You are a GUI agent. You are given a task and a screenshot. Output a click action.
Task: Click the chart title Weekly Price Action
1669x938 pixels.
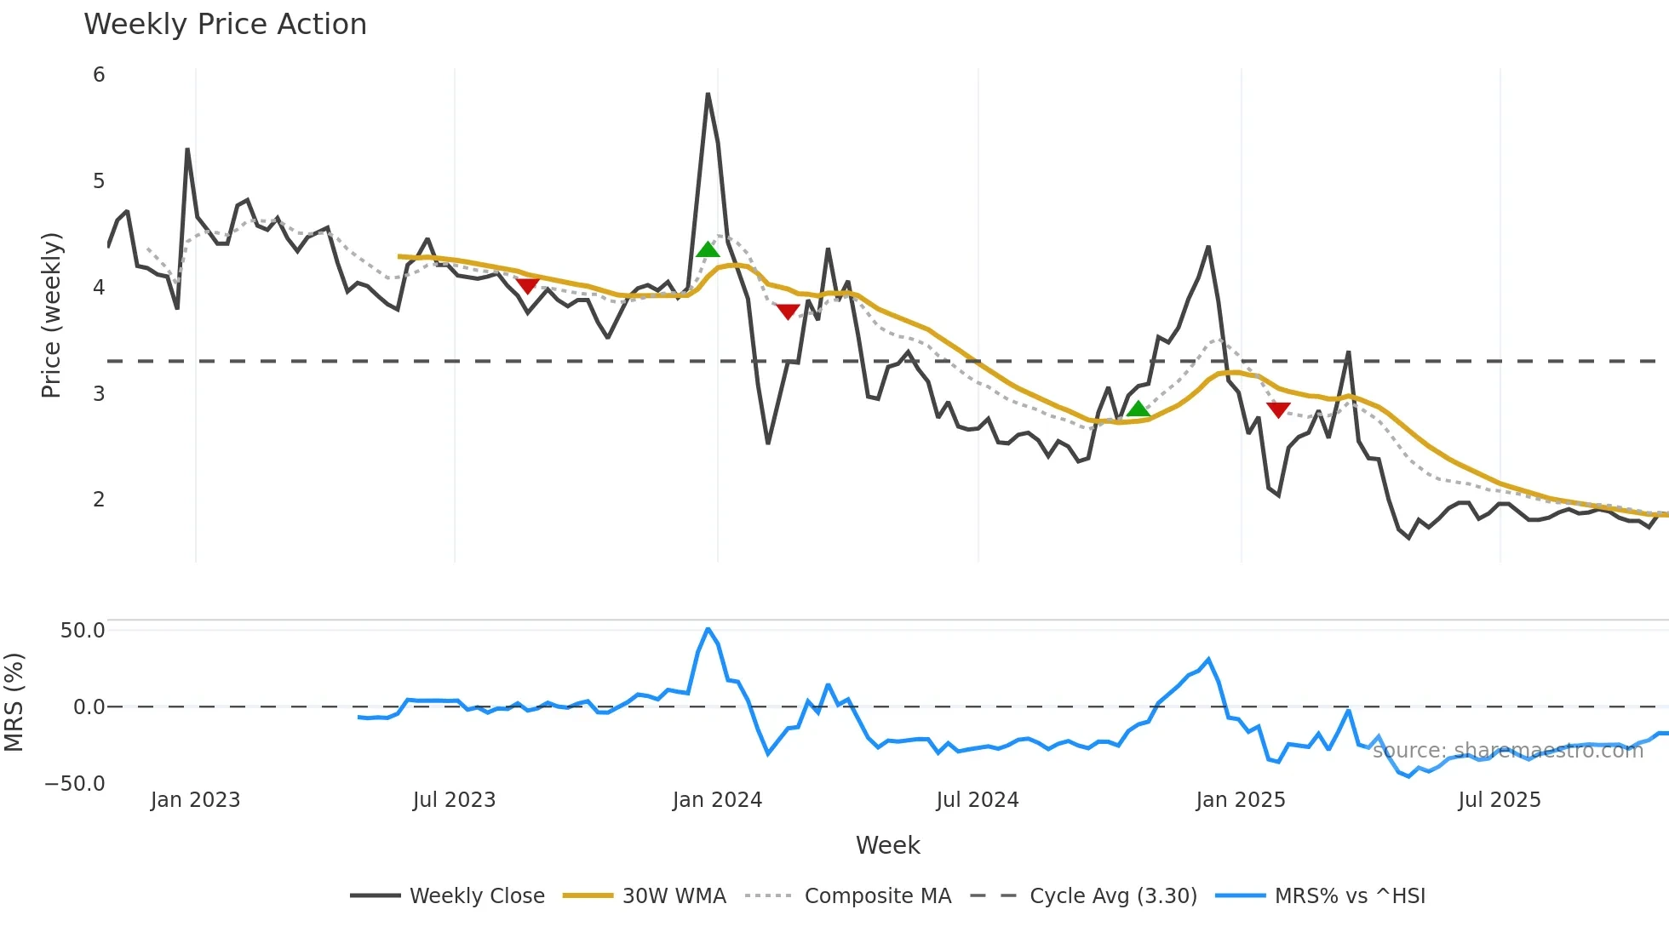point(225,25)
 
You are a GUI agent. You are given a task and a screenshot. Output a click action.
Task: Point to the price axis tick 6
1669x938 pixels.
point(99,75)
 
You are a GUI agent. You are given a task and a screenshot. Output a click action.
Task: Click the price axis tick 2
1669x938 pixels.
point(99,500)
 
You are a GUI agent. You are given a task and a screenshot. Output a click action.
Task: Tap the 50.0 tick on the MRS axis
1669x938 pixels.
point(83,631)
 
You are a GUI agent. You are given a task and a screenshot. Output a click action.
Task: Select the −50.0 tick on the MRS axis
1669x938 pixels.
point(75,784)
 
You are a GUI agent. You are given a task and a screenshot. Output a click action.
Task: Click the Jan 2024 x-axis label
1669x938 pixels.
point(717,800)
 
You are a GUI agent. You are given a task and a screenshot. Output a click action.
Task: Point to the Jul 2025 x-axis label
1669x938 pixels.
point(1499,800)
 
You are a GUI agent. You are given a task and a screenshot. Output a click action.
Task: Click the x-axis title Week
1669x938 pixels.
point(887,845)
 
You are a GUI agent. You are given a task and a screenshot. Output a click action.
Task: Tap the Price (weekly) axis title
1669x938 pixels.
point(51,315)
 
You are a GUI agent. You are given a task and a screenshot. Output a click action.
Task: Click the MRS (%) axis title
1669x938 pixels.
point(14,702)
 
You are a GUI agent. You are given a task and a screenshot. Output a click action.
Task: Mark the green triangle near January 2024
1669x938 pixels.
point(708,249)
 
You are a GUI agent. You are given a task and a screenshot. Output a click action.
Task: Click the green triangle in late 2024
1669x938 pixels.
point(1138,409)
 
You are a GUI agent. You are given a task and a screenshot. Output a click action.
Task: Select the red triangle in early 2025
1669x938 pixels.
point(1278,409)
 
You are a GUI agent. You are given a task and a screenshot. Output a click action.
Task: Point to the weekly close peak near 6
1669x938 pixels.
point(708,94)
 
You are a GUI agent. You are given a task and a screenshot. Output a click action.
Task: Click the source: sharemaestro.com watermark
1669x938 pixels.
point(1507,751)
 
